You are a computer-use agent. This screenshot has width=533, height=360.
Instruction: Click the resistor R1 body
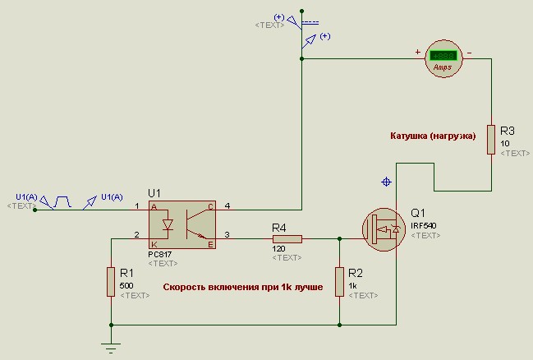pos(111,281)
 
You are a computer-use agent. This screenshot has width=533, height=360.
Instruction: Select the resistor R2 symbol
pos(339,281)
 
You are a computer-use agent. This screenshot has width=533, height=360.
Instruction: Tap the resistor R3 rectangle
pos(490,140)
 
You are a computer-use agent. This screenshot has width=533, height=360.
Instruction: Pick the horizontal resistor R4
pos(287,239)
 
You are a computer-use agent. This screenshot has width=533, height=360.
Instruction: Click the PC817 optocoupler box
pos(182,224)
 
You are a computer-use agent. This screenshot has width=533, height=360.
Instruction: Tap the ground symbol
pos(111,347)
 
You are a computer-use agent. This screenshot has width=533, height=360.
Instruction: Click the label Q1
pos(418,212)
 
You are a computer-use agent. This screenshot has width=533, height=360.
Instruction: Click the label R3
pos(507,131)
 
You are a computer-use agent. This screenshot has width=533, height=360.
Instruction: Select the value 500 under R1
pos(126,284)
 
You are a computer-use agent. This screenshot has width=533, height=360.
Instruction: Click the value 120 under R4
pos(279,247)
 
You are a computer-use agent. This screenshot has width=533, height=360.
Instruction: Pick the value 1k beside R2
pos(353,284)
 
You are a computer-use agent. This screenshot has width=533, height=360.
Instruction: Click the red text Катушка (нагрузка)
pos(432,136)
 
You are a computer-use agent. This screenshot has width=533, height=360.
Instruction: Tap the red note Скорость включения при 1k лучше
pos(242,288)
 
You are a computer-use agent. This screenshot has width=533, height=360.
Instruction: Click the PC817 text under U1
pos(162,254)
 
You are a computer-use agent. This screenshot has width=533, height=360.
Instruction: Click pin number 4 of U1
pos(227,205)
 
